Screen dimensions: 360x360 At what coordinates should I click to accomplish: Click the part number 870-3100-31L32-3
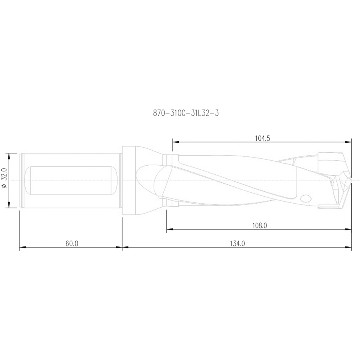tap(186, 113)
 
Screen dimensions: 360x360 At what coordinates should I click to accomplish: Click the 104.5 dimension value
tap(263, 138)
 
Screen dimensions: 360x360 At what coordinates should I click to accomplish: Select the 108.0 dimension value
tap(260, 226)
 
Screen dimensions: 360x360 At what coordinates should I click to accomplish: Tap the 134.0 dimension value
tap(237, 244)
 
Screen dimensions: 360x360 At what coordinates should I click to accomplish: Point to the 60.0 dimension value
tap(72, 244)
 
